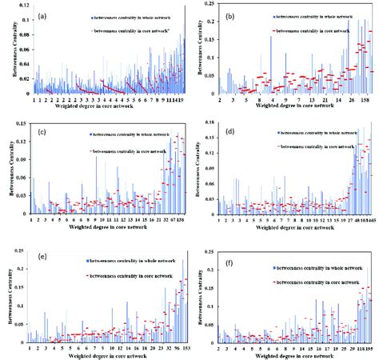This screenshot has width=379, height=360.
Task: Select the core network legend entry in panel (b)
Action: [x=313, y=28]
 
